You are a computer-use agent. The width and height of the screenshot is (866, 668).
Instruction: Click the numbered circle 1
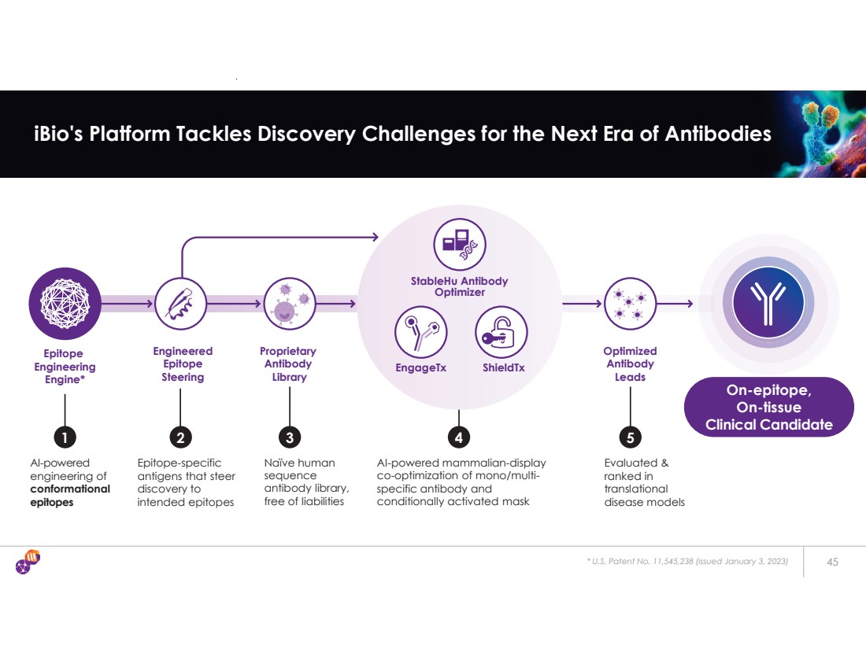point(65,435)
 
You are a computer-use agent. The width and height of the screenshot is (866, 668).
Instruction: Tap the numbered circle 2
point(180,435)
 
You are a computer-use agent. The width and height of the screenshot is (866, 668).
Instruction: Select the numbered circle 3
point(290,435)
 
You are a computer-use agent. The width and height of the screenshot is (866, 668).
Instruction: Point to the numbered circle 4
point(458,435)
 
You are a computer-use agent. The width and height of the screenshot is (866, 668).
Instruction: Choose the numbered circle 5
point(630,435)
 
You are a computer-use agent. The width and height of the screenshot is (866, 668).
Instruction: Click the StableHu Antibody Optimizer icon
point(460,244)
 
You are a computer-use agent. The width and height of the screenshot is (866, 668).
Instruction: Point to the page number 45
point(832,561)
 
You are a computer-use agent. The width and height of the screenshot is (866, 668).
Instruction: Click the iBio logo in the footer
point(28,562)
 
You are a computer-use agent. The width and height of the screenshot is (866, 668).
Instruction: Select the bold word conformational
point(69,489)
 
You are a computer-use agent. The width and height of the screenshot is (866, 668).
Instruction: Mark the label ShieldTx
point(503,367)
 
